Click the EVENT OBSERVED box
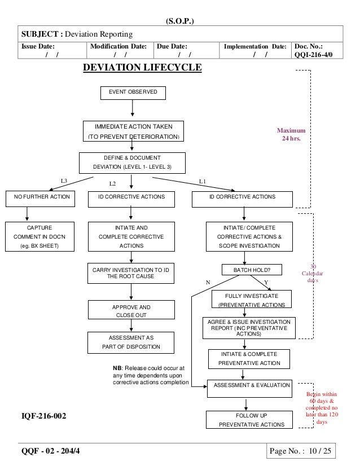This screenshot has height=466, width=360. [x=133, y=93]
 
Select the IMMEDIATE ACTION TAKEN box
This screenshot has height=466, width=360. [x=133, y=131]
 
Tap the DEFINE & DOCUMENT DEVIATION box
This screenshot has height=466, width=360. [x=132, y=162]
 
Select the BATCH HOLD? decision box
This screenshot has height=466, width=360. [x=251, y=270]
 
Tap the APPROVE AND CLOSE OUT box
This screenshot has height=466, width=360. [x=131, y=311]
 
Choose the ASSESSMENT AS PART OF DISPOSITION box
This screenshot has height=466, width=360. [x=131, y=342]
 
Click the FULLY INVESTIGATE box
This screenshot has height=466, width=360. [x=252, y=300]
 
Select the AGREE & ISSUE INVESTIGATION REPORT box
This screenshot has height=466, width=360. [x=249, y=328]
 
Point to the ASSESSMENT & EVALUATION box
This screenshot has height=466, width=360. [x=249, y=386]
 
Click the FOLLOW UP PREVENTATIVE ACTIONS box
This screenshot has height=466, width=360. [x=251, y=420]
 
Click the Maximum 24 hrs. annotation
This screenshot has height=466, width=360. [x=291, y=135]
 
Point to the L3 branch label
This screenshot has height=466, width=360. [x=64, y=181]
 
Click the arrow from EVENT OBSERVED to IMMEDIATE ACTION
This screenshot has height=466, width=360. [x=133, y=108]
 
